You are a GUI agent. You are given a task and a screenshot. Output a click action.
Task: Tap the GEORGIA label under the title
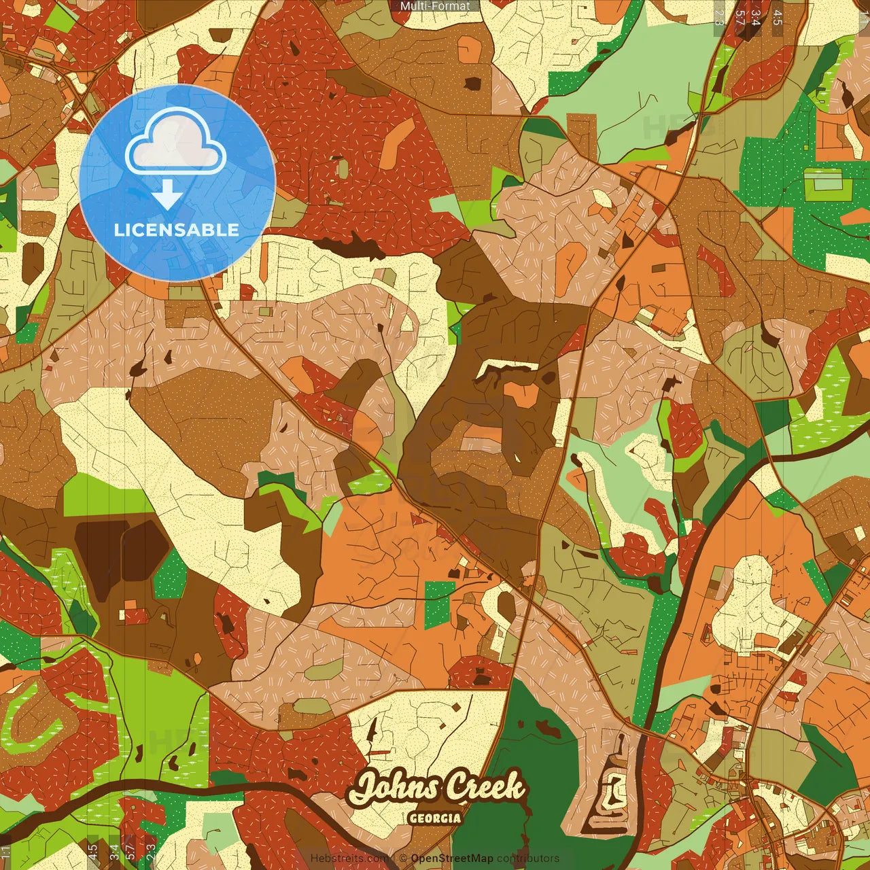435,818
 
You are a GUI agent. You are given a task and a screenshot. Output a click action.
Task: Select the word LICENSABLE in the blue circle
176,230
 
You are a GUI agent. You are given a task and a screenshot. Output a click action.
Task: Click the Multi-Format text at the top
435,6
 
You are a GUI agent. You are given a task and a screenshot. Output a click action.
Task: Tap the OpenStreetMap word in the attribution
452,858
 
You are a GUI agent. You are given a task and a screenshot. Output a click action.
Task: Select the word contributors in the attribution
528,858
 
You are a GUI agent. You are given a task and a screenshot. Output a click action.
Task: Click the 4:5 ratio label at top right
778,17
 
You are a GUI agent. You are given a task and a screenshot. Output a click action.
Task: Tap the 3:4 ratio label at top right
755,17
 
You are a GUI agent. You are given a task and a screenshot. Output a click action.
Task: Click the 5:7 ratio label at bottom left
130,850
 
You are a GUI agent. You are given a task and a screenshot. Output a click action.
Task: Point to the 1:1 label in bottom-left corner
6,852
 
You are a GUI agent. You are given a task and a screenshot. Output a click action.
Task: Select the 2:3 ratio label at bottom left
151,850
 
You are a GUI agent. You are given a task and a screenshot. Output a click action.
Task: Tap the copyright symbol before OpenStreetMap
404,858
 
